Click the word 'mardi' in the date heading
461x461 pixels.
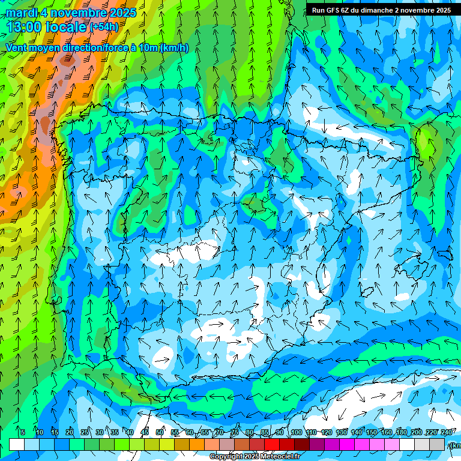pos(22,13)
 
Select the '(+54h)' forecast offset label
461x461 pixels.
pos(104,27)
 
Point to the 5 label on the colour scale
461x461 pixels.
pos(23,433)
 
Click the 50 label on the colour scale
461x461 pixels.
pos(159,433)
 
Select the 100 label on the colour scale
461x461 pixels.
pos(297,433)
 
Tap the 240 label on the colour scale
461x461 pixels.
pos(447,433)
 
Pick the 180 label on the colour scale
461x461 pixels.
pos(402,433)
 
